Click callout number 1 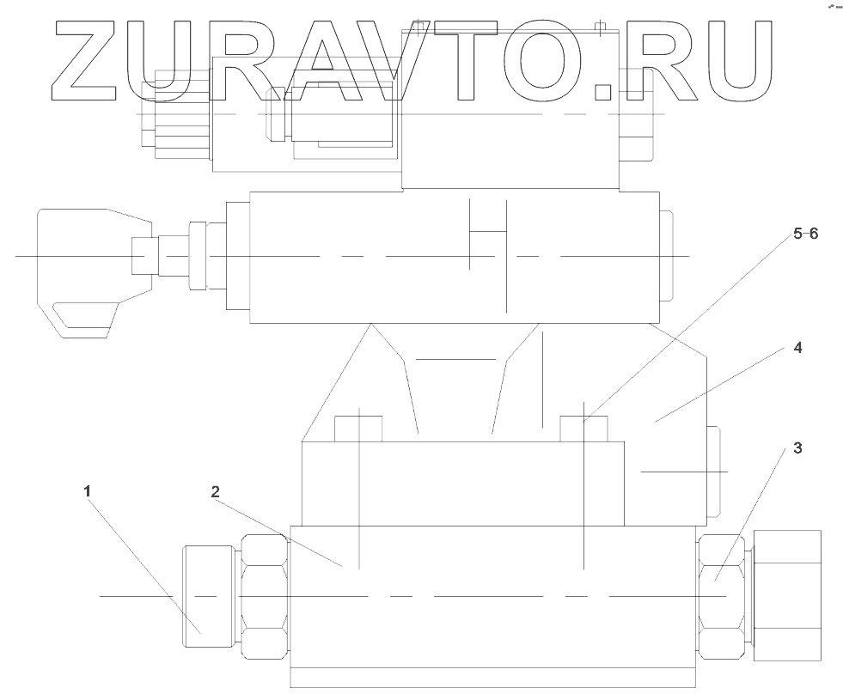point(87,491)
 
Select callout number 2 point(216,491)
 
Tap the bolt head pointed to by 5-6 point(583,428)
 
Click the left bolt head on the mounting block point(358,428)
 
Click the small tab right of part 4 point(716,472)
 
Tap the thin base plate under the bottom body point(492,678)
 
